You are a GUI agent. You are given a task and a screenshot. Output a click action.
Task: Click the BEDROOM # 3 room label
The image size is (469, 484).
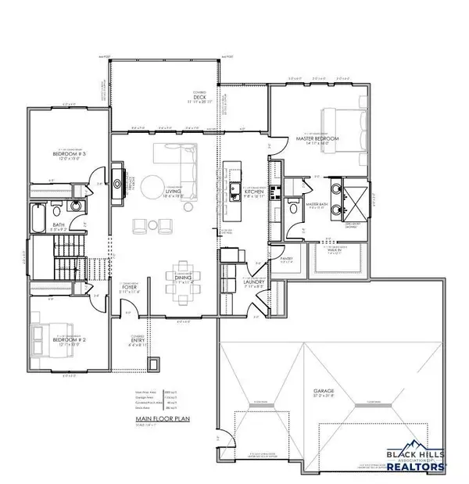click(x=69, y=155)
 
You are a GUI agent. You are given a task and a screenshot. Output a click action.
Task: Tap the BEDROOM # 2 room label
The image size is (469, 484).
click(x=68, y=341)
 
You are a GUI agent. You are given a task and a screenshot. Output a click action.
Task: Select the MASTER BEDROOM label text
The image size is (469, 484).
click(x=310, y=138)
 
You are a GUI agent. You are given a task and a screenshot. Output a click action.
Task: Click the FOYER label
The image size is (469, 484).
click(x=130, y=286)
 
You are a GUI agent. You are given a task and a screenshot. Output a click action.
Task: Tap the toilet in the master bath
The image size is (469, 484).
click(x=292, y=208)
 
